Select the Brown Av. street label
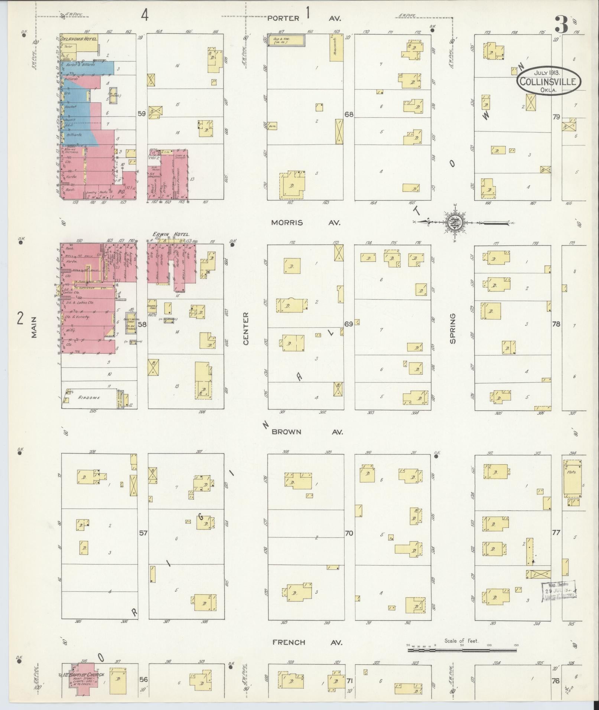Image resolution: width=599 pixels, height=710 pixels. [307, 432]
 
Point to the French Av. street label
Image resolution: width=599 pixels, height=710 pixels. [307, 642]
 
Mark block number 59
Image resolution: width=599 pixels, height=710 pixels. [141, 114]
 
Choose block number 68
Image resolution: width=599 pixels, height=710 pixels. [349, 114]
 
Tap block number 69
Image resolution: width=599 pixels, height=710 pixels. [348, 324]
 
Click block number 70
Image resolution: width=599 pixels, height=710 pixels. [349, 533]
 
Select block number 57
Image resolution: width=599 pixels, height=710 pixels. [143, 533]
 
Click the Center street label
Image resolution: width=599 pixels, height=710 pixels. [246, 329]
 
